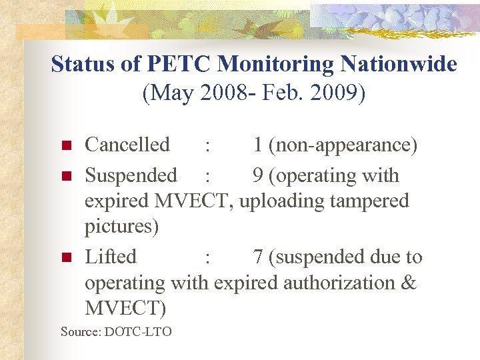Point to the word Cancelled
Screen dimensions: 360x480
tap(127, 145)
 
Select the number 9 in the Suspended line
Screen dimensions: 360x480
tap(258, 175)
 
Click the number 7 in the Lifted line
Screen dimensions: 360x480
tap(258, 257)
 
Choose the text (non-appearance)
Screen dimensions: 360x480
tap(344, 145)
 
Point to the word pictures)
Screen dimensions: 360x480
tap(121, 227)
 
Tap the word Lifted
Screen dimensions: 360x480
tap(111, 257)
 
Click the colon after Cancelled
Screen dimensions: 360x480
tap(208, 146)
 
